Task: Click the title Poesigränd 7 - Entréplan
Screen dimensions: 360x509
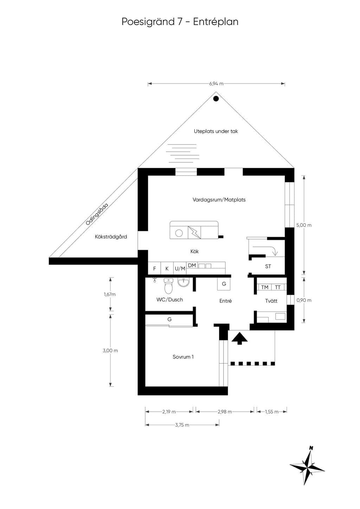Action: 180,22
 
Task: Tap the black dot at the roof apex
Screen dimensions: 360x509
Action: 216,99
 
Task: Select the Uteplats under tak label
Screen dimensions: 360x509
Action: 216,131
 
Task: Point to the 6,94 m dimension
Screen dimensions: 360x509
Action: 216,84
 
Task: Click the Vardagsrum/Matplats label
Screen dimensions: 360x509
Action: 219,200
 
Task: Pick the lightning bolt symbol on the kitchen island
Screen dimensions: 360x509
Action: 194,233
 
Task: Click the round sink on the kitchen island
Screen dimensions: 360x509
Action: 179,233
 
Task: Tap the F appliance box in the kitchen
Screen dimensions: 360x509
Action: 154,268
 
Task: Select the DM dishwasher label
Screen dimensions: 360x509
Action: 192,265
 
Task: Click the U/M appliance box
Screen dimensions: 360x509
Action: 180,268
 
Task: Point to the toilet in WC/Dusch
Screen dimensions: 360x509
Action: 168,286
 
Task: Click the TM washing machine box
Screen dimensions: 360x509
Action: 265,287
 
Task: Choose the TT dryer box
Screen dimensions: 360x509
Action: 278,287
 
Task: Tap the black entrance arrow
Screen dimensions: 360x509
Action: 239,338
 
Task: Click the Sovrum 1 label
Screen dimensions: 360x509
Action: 183,357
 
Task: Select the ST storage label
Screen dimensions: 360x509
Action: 268,266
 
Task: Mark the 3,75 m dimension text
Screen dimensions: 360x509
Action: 182,425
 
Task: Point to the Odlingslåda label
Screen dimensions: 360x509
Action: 97,214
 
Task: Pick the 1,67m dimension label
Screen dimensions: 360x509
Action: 110,294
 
